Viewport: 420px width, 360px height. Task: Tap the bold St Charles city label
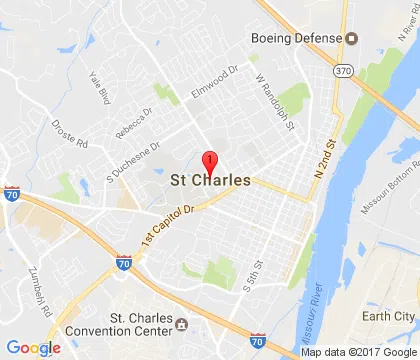[x=210, y=183]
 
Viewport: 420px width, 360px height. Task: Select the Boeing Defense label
[x=295, y=37]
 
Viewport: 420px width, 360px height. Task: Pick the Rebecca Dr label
[x=133, y=126]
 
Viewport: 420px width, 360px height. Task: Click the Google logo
[x=34, y=347]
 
